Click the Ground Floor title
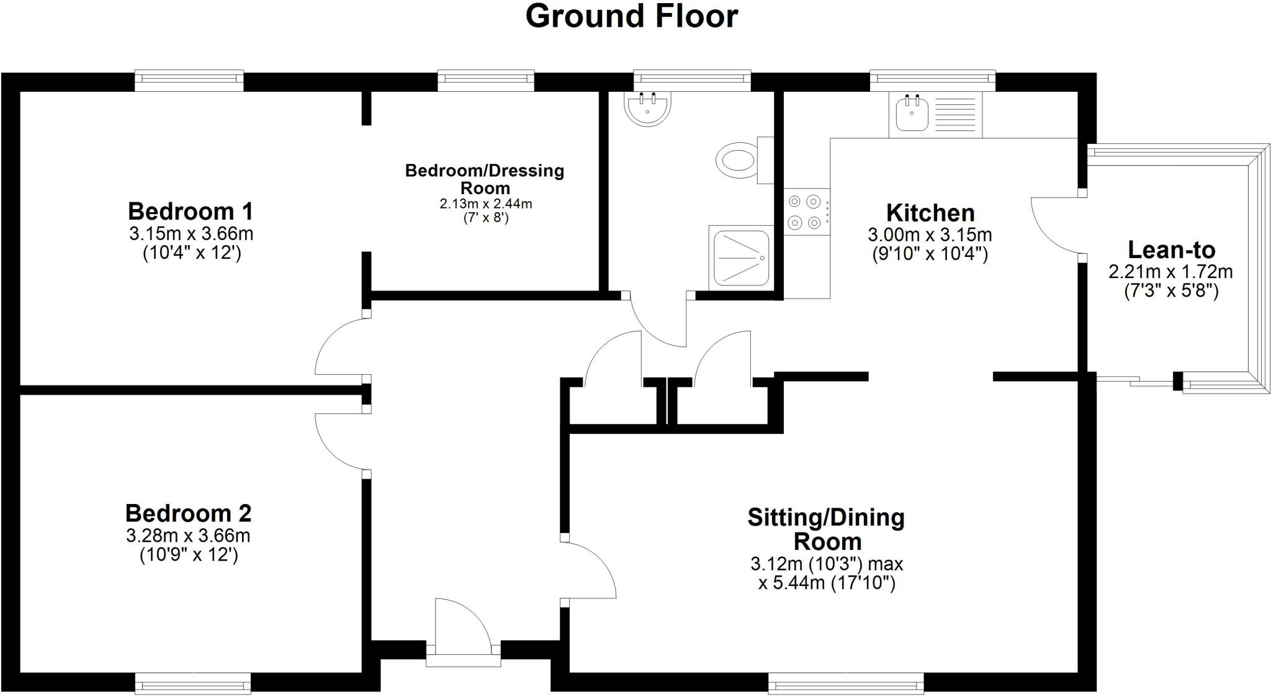pos(631,16)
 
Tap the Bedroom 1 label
pos(191,212)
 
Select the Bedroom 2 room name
pos(188,513)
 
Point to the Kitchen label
pos(930,213)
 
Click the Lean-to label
pos(1171,250)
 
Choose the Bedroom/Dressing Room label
pos(485,179)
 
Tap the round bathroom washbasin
pos(647,109)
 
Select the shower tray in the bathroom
pos(741,257)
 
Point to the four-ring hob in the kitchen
pos(804,212)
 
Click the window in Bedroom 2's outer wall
pos(193,684)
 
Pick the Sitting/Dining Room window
pos(845,684)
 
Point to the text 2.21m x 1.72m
pos(1170,272)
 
